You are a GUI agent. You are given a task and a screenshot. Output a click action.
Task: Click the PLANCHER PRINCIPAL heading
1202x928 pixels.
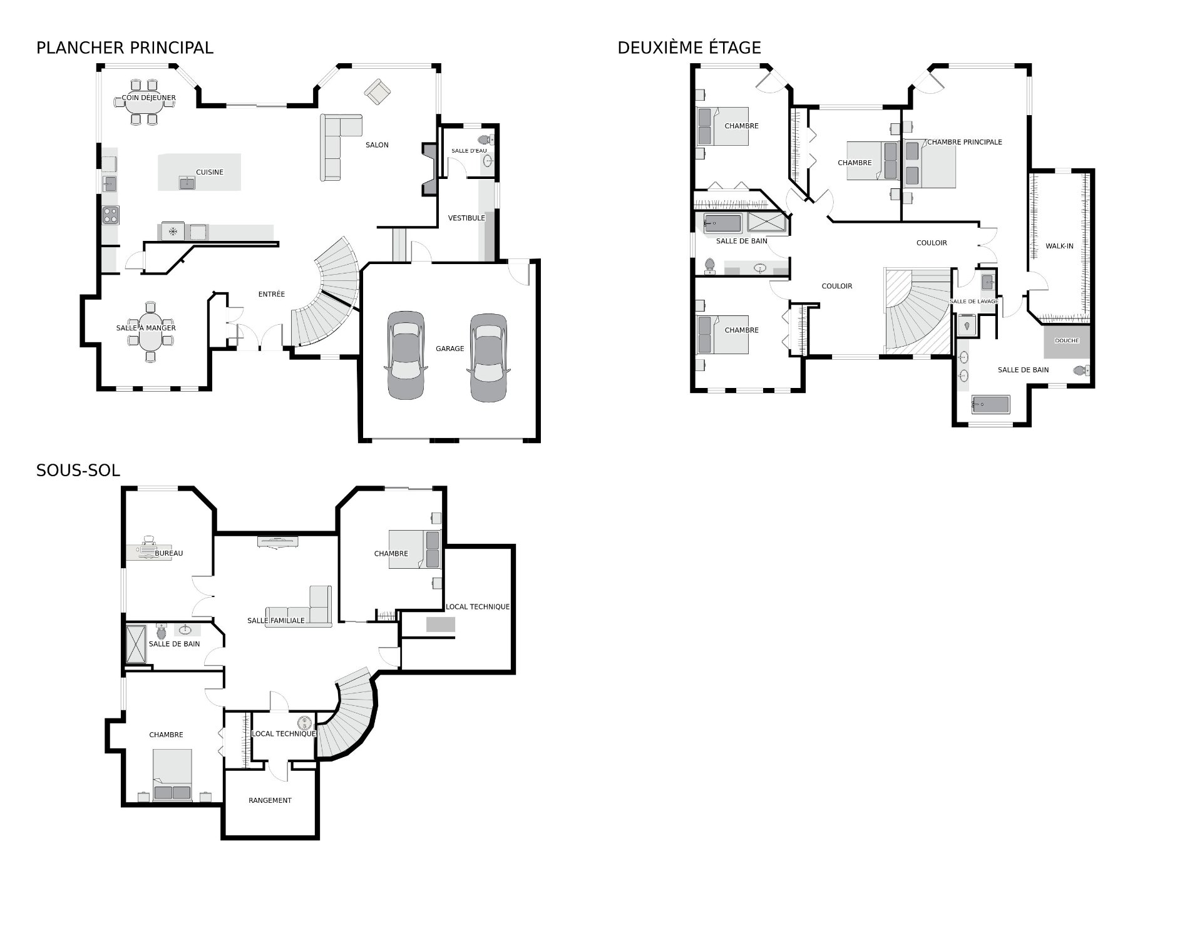(125, 48)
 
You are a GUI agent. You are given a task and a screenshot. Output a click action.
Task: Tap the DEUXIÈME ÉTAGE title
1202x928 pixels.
(689, 48)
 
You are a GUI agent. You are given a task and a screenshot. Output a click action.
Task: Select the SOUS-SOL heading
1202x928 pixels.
(78, 471)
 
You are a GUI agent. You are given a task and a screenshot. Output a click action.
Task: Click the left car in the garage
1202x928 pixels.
(406, 355)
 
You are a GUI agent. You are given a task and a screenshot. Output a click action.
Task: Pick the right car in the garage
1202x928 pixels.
(488, 357)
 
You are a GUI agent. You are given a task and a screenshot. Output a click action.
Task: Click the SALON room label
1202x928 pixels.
(377, 145)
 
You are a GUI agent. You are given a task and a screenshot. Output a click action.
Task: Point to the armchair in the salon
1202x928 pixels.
(378, 92)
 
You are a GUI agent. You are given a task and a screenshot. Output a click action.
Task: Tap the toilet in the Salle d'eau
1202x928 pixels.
(486, 140)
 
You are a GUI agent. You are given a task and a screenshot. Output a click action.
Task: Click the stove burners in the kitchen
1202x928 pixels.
(111, 215)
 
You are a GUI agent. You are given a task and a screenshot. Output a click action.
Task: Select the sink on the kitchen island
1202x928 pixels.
(187, 182)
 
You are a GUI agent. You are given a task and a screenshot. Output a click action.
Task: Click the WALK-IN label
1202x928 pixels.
(1059, 246)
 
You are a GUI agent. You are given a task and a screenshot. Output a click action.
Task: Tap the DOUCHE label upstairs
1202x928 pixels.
(1067, 341)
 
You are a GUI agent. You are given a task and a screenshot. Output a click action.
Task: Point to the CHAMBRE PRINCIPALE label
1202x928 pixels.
(964, 142)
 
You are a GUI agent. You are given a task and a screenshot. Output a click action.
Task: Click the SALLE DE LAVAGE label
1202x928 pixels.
(973, 302)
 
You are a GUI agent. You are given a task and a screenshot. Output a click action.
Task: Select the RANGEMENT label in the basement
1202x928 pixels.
(270, 800)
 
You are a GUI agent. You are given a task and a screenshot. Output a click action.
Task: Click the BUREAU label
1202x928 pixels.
(169, 553)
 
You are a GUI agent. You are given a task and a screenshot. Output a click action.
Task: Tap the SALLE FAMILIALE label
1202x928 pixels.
(276, 621)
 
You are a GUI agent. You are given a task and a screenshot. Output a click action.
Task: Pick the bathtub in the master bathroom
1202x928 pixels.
(990, 405)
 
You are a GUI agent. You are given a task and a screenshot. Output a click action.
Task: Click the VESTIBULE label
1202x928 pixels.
(466, 218)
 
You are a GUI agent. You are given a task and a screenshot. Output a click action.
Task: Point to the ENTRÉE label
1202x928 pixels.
(272, 294)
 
